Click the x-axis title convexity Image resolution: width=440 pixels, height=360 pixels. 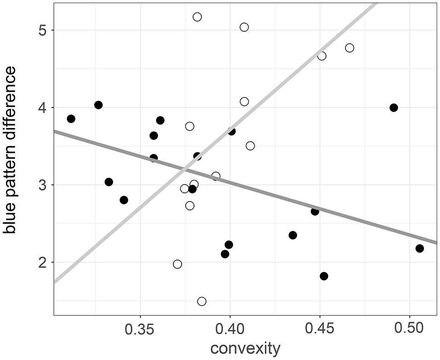[245, 348]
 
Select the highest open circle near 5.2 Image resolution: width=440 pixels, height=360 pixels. [197, 17]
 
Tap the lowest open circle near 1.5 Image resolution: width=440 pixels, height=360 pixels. [201, 301]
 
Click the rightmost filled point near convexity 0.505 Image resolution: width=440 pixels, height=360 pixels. [419, 249]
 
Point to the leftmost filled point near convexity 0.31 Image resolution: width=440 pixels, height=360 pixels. [71, 119]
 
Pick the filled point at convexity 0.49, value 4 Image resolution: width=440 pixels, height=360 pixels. [394, 108]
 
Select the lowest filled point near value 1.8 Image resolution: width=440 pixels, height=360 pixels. [324, 276]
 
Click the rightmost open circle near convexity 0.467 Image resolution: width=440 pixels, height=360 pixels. [349, 48]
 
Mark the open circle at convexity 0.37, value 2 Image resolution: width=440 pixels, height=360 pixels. [177, 264]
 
